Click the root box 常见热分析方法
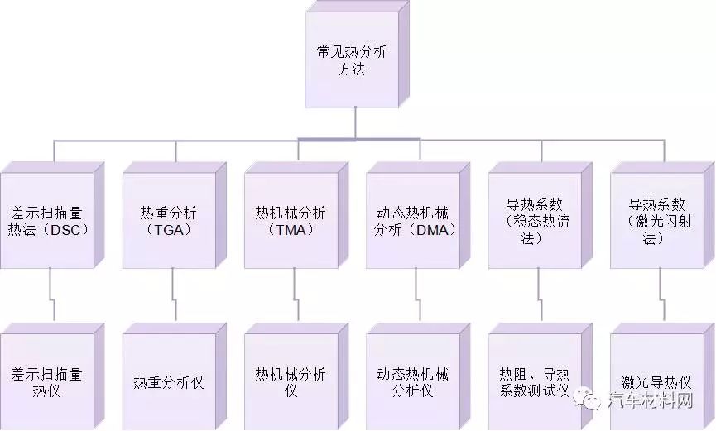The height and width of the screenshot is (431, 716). pos(357,55)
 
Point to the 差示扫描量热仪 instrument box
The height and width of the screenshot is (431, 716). pos(52,376)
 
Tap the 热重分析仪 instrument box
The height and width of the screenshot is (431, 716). pos(175,376)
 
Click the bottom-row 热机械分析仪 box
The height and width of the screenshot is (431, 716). pos(296,376)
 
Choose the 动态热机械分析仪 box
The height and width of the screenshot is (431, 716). pos(418,376)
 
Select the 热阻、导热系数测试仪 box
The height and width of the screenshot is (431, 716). pos(541,376)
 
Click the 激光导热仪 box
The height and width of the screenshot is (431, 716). pos(662,376)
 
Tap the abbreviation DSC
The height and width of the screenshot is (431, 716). pos(66,230)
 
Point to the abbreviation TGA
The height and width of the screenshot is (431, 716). pos(169,230)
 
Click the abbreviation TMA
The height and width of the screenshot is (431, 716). pos(291,230)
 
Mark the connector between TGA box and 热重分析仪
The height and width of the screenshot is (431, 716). pos(174,295)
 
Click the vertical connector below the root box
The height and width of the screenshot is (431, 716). pos(355,122)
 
